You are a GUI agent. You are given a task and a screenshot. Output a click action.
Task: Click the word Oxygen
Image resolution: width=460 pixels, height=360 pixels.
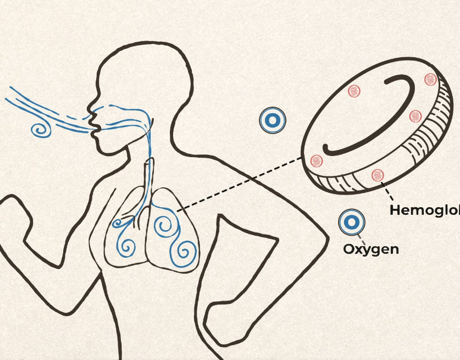[x=371, y=249]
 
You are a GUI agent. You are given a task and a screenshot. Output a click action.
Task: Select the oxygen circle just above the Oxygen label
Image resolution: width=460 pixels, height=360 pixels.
[x=352, y=223]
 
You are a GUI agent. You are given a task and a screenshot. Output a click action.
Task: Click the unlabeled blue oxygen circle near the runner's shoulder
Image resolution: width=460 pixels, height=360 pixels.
[x=273, y=120]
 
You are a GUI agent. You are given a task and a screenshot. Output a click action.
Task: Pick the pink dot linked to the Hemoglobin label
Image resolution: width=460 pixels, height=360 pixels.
[x=377, y=175]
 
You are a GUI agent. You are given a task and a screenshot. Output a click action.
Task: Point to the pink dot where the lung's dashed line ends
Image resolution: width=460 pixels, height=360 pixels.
[x=316, y=160]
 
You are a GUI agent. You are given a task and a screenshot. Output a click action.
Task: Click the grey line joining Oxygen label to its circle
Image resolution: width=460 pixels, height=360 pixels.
[x=361, y=237]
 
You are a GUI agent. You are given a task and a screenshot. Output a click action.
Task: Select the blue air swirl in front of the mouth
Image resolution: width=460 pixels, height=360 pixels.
[x=41, y=130]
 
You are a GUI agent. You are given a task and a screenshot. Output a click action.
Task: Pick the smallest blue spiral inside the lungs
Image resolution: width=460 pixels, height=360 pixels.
[x=117, y=223]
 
